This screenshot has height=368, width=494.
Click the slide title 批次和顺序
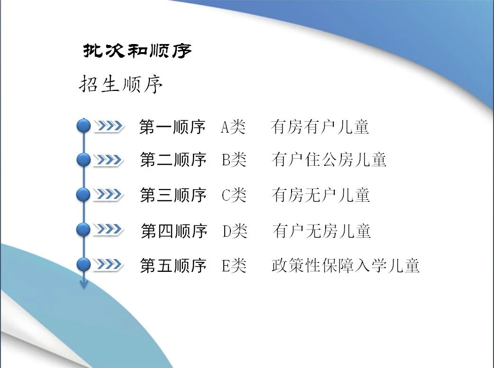(137, 51)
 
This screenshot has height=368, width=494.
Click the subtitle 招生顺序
(121, 84)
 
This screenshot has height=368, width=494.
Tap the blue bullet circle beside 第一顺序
(83, 126)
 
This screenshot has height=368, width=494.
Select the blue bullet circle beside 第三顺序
(83, 195)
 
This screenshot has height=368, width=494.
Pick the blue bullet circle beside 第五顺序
(83, 264)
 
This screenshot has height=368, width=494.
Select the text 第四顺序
(174, 231)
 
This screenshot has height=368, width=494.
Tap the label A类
(233, 127)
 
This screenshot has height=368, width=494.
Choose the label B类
(234, 160)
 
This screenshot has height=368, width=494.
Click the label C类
(234, 195)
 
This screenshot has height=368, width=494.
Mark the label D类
(235, 231)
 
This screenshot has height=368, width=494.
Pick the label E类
(234, 266)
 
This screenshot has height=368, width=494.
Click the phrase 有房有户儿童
(320, 127)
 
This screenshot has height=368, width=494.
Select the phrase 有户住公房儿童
(329, 159)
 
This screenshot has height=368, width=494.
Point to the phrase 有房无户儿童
(321, 195)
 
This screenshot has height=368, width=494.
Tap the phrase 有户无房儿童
(321, 231)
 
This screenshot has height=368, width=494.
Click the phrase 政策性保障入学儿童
(346, 265)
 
